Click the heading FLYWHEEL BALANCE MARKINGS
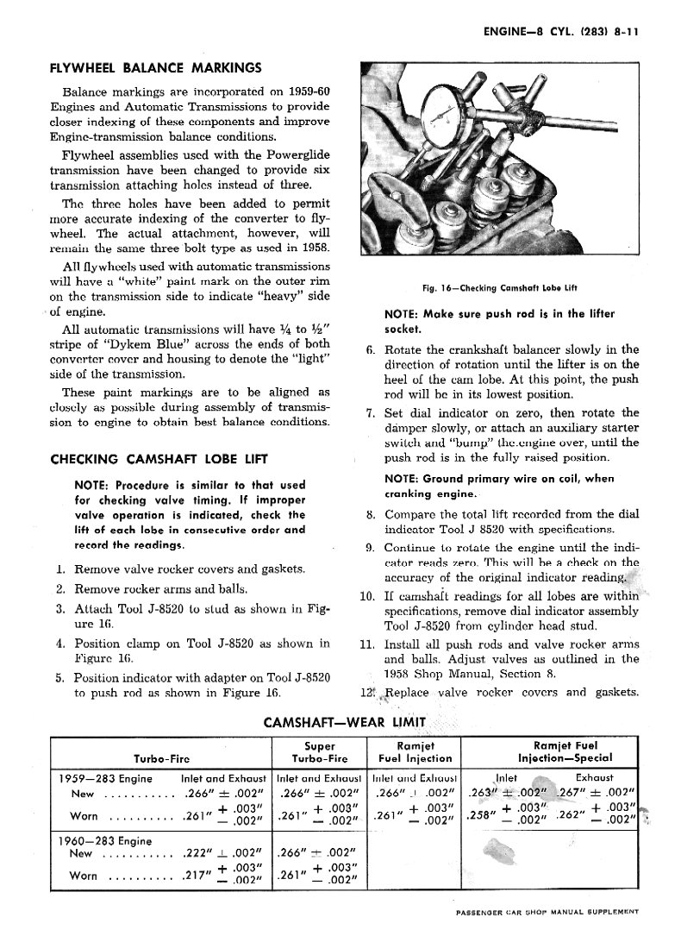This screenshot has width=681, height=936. [155, 66]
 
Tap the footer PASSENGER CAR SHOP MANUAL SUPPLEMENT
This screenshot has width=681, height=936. [558, 912]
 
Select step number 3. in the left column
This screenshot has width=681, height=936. [61, 609]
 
